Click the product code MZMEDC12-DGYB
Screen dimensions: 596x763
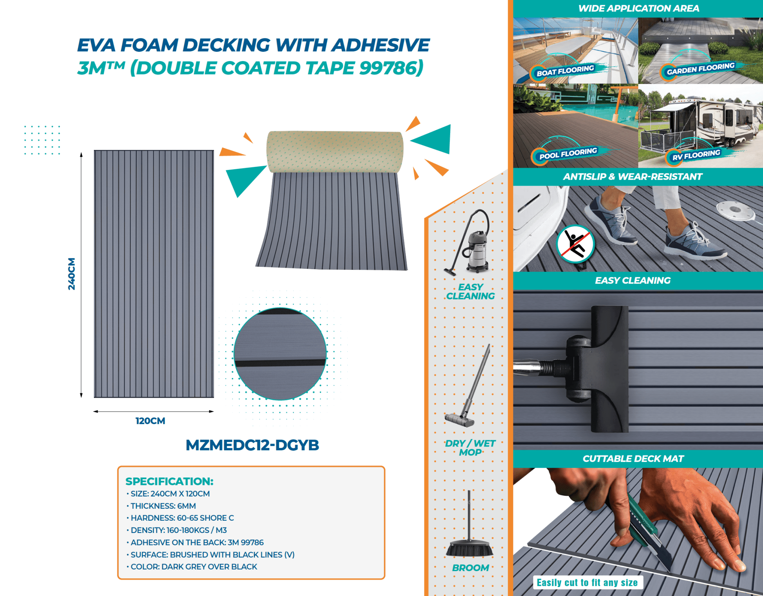[x=252, y=445]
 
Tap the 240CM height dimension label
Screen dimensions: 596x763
[x=72, y=274]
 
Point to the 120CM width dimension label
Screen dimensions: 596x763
[x=150, y=421]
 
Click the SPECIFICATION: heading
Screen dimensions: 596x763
[x=169, y=481]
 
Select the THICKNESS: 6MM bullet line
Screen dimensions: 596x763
[x=163, y=506]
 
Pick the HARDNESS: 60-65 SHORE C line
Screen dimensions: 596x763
[x=182, y=518]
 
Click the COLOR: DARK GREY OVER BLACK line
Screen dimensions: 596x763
[x=193, y=567]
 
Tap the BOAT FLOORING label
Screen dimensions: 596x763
[x=565, y=71]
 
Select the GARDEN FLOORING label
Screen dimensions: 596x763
[x=700, y=69]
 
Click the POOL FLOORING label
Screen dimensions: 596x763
[x=568, y=154]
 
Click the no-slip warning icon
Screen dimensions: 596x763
[x=575, y=244]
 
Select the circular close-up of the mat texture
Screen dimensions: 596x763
[x=280, y=354]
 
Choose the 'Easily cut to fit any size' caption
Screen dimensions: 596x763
[x=587, y=583]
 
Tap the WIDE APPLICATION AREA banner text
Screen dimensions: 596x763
[x=639, y=8]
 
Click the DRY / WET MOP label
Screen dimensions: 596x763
[x=470, y=448]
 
